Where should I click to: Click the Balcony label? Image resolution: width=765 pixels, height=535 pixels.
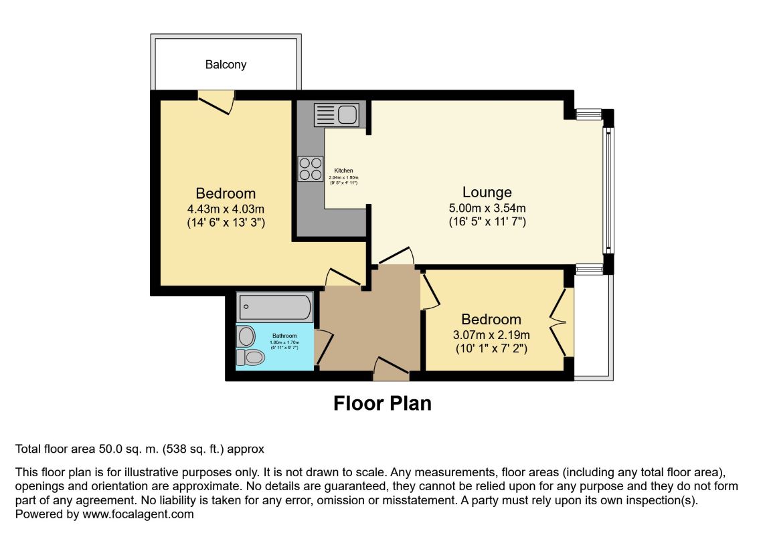(226, 65)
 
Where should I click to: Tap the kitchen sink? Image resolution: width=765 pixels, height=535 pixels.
(338, 114)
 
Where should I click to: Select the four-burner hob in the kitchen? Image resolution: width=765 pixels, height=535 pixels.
(309, 168)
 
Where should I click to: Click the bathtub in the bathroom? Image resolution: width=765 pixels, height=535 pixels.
(275, 308)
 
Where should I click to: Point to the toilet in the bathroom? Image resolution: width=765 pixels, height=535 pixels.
(251, 357)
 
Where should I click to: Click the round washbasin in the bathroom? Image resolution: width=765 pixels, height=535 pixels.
(246, 336)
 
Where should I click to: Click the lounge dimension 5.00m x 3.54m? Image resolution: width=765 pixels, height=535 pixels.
(487, 208)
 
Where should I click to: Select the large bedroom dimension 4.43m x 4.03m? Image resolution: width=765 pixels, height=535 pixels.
(226, 209)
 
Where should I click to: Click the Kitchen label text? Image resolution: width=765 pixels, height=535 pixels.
(343, 171)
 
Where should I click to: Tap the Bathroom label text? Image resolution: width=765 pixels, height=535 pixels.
(284, 336)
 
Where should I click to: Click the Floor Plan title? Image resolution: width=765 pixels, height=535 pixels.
(382, 404)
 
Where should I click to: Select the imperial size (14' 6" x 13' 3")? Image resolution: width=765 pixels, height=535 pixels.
(226, 223)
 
